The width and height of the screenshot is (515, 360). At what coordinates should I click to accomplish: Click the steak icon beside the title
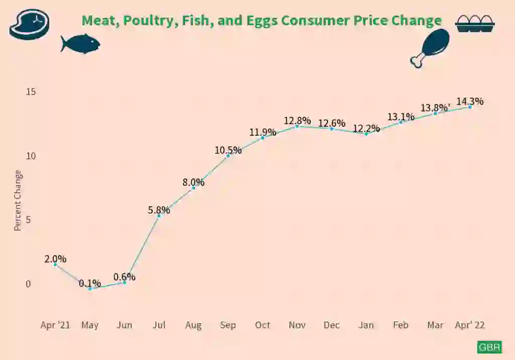(x=30, y=24)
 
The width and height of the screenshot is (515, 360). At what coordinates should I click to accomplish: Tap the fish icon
(x=80, y=44)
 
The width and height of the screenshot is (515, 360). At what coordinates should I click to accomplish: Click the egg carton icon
(x=475, y=24)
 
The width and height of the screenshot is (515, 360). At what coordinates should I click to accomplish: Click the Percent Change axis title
(x=18, y=201)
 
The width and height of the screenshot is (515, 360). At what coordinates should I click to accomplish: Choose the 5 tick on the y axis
(x=28, y=220)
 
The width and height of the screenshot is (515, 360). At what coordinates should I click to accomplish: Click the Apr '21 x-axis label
(x=55, y=325)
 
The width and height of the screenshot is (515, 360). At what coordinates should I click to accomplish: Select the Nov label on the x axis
(x=297, y=325)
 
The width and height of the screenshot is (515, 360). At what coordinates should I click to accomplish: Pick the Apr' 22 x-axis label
(x=470, y=325)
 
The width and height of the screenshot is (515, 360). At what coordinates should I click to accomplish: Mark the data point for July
(x=159, y=216)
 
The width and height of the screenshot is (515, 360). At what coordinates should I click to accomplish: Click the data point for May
(x=90, y=289)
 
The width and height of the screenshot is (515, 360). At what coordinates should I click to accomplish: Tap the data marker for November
(x=297, y=126)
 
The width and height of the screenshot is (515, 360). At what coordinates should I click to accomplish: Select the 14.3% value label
(x=470, y=101)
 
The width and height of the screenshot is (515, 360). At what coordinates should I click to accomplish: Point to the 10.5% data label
(x=228, y=150)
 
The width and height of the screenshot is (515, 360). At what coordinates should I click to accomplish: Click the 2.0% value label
(x=55, y=259)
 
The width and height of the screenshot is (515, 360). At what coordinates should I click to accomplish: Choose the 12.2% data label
(x=366, y=128)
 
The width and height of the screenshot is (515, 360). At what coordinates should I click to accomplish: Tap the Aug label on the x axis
(x=193, y=325)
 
